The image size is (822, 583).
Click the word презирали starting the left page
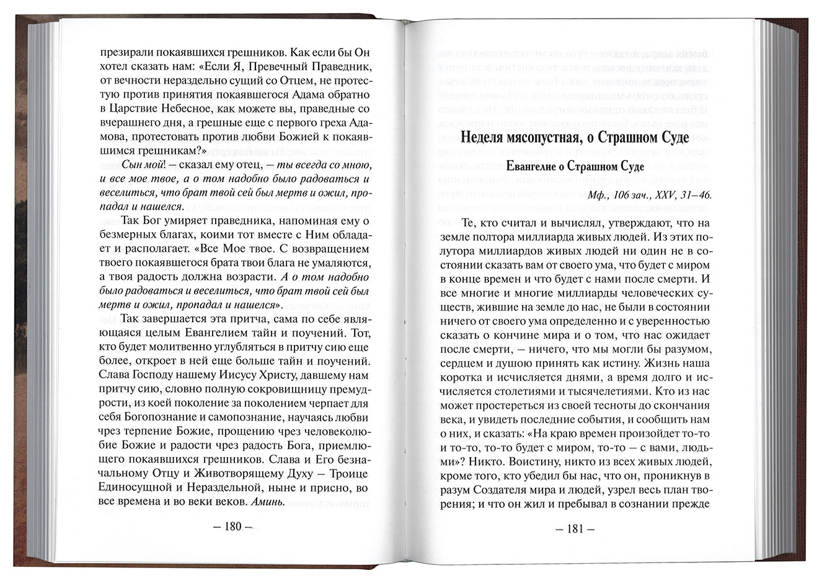pos(125,52)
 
